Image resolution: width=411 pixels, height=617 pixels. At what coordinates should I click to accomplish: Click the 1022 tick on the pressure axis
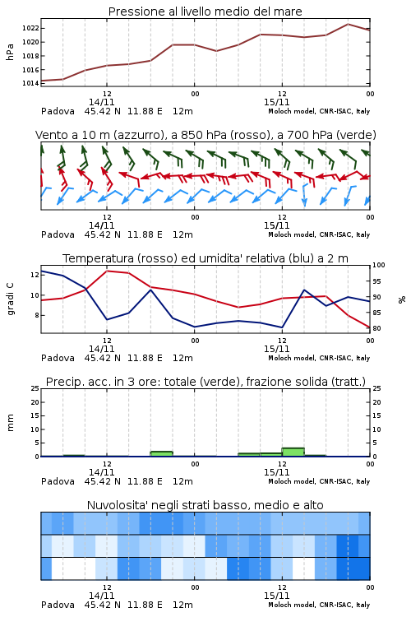[30, 28]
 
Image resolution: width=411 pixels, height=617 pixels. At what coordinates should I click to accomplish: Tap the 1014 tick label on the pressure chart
[30, 83]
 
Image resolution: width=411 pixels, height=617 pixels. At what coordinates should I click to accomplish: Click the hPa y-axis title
[10, 52]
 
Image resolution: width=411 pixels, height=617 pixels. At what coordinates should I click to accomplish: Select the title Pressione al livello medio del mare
[205, 12]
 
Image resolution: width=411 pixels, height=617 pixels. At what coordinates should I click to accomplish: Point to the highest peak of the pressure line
[348, 24]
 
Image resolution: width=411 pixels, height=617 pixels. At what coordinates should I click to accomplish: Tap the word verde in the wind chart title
[357, 135]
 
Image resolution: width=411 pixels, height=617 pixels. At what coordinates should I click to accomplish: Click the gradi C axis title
[10, 299]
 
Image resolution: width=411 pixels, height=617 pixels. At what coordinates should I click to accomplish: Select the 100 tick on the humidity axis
[379, 265]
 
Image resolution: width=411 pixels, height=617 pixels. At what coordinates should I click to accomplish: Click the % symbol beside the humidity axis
[402, 299]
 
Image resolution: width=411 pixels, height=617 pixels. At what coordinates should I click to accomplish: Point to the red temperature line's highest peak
[107, 271]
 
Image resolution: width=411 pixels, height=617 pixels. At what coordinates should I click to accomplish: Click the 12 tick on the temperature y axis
[35, 275]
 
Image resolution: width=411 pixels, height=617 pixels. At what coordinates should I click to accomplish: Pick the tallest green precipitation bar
[293, 452]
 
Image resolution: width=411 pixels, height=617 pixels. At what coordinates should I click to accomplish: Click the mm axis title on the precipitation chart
[10, 423]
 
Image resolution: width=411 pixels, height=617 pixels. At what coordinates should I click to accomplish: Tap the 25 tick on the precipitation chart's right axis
[376, 388]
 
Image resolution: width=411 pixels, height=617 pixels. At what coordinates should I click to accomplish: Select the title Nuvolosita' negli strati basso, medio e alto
[205, 505]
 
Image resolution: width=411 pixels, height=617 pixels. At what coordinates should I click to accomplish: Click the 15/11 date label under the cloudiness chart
[276, 596]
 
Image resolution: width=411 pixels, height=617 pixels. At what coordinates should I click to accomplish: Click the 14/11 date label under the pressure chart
[101, 102]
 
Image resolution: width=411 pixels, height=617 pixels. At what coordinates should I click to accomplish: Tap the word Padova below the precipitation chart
[58, 481]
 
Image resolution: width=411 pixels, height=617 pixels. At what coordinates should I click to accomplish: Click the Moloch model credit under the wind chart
[319, 234]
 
